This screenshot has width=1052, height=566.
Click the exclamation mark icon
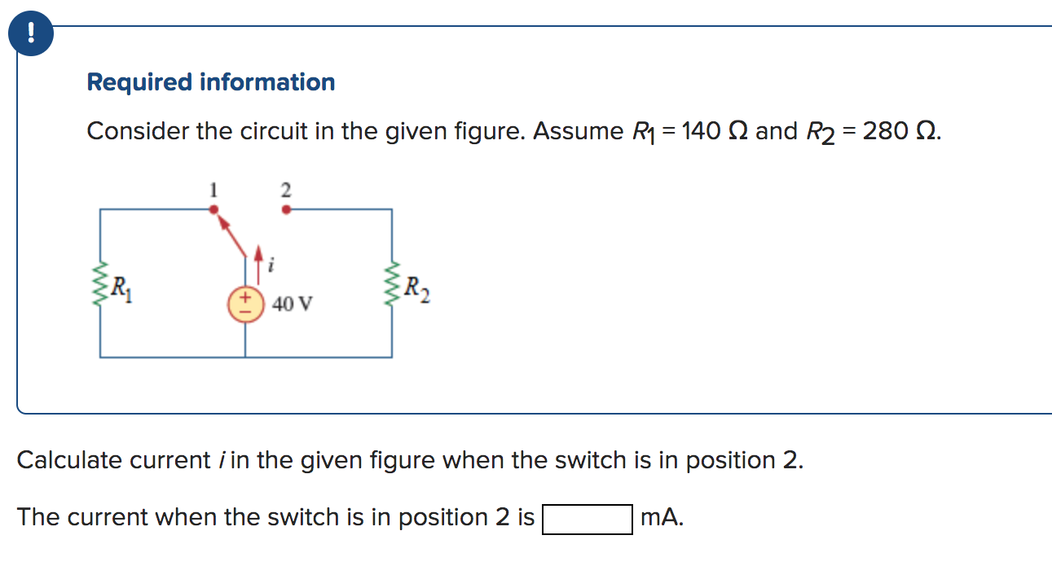point(31,33)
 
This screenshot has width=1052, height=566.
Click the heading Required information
point(210,82)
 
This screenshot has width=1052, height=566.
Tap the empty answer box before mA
point(587,519)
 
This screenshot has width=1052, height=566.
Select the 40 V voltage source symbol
point(245,305)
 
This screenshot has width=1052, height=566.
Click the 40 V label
point(293,305)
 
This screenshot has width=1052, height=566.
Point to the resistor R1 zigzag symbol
point(101,284)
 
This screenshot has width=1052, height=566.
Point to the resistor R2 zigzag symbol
point(392,284)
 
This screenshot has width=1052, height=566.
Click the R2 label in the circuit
point(416,287)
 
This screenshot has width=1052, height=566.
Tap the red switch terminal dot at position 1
point(213,209)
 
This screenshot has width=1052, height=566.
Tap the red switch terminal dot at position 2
point(285,209)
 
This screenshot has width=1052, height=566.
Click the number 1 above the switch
point(213,190)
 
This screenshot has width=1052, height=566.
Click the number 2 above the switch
point(285,190)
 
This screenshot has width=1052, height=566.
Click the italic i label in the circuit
point(271,264)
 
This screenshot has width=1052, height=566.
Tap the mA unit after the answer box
point(662,518)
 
